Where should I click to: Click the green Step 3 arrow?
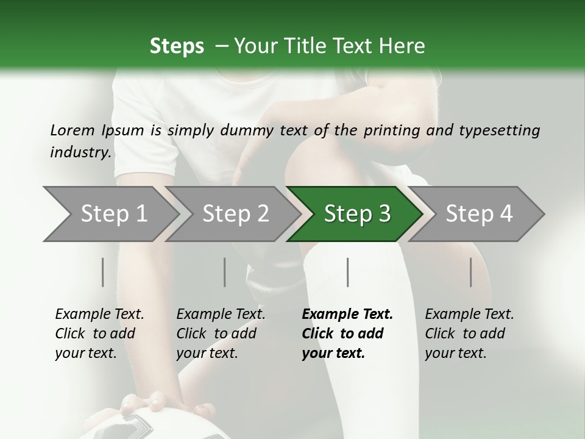tap(356, 214)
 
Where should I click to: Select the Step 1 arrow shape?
tap(113, 214)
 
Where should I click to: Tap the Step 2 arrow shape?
tap(235, 214)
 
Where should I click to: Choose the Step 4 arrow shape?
tap(478, 214)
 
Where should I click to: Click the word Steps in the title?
tap(177, 46)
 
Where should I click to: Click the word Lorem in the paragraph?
tap(72, 130)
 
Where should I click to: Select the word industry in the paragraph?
tap(79, 152)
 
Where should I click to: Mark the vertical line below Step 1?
tap(102, 272)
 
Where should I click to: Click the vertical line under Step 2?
tap(225, 272)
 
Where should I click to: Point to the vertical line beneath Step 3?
tap(348, 272)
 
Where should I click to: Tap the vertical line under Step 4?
tap(471, 272)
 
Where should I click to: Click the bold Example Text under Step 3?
tap(346, 334)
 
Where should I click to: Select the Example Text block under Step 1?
tap(99, 334)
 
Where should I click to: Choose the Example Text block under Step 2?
tap(221, 334)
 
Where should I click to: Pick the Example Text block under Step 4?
tap(469, 334)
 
